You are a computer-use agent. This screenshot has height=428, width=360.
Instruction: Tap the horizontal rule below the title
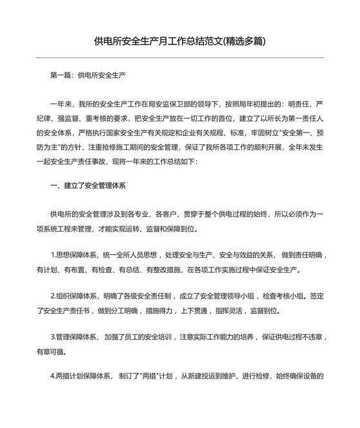[179, 58]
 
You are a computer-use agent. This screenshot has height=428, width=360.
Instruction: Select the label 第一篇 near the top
[61, 75]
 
